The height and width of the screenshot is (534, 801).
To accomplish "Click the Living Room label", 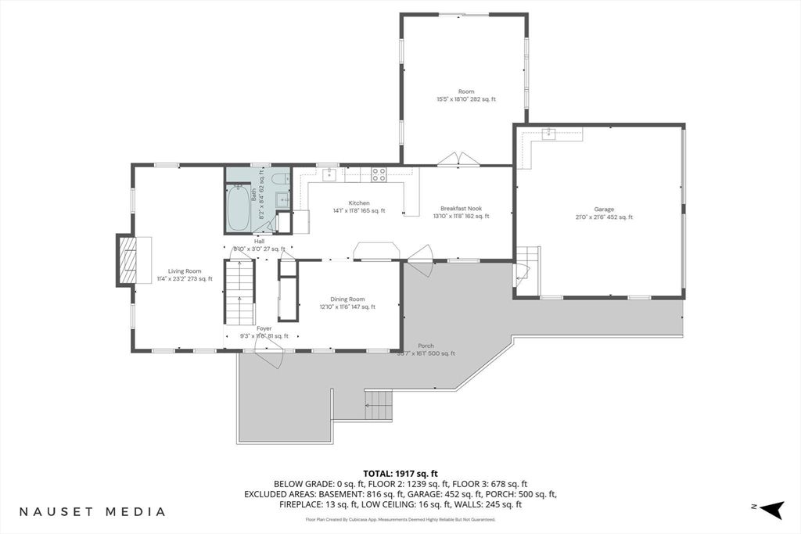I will [x=185, y=271].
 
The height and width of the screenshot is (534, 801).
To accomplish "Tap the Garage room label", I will [x=603, y=210].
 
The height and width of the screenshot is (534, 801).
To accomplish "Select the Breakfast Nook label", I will [x=461, y=208].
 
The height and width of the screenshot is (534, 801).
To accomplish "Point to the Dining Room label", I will [x=347, y=299].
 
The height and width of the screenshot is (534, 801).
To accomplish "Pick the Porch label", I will [x=426, y=346].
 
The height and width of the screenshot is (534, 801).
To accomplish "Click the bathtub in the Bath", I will [x=238, y=208].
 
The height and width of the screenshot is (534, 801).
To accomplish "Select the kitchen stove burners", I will [x=379, y=174].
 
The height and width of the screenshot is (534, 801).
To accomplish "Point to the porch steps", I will [x=379, y=405].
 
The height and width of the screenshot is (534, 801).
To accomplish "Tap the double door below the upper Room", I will [x=458, y=159].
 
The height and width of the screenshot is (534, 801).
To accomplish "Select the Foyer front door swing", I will [x=268, y=358].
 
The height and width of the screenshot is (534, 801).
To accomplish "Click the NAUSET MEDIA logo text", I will [x=92, y=512].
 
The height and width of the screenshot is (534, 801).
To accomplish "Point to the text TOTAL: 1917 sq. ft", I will [x=400, y=473].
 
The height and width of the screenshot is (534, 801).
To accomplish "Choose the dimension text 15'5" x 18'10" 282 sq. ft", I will [x=465, y=99].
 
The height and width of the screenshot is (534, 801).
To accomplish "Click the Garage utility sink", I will [x=550, y=133].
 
